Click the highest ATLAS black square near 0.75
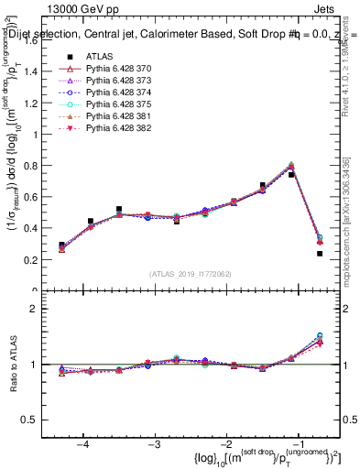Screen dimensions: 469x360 [x=291, y=174]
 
